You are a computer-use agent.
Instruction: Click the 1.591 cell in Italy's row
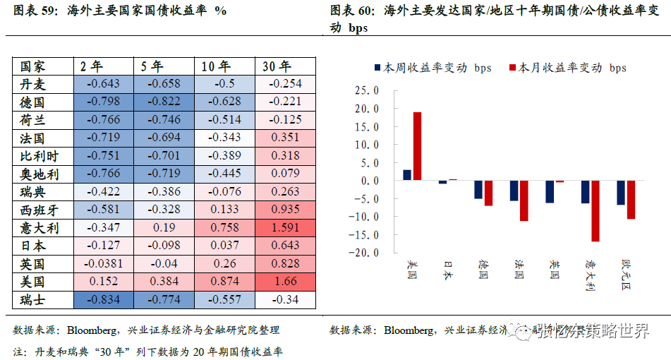[x=286, y=228]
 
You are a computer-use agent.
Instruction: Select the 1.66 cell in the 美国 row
[x=286, y=282]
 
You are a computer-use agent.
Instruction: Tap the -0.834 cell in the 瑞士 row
[x=103, y=300]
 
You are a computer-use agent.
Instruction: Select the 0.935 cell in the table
[x=286, y=210]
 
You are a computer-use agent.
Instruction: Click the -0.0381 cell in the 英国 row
[x=103, y=264]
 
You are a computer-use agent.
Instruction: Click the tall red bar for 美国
[x=417, y=146]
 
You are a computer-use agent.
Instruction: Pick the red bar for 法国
[x=524, y=200]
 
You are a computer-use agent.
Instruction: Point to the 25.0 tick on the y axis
[x=367, y=91]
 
